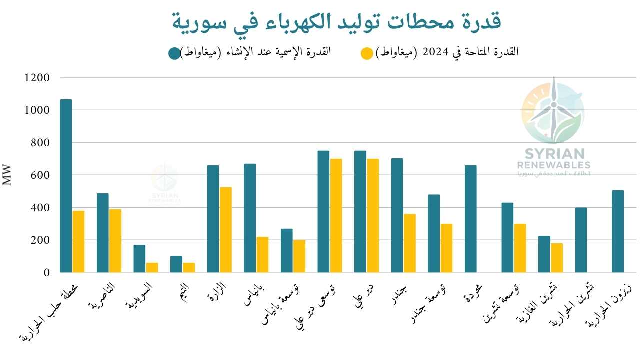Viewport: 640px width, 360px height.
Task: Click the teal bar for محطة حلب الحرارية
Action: [x=66, y=186]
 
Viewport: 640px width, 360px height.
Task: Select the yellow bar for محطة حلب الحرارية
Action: [x=78, y=241]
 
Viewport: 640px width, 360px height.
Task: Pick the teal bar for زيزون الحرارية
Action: [x=618, y=231]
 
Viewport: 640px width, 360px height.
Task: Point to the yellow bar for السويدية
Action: [x=152, y=267]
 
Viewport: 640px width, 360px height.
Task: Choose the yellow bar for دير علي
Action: [x=373, y=215]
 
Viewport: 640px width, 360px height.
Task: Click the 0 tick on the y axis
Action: [x=47, y=273]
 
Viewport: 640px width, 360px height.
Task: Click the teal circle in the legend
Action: [x=174, y=53]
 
